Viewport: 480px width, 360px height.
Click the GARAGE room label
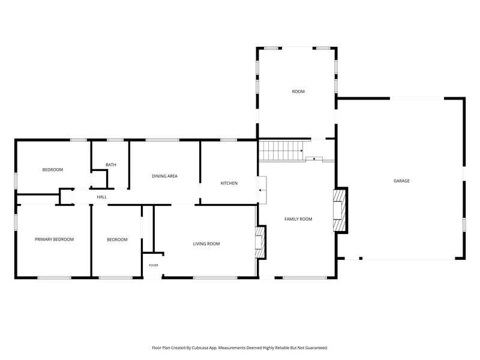(401, 181)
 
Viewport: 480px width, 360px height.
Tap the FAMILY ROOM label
(298, 219)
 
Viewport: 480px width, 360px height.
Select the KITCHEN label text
(229, 184)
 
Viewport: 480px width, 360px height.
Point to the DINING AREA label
(164, 176)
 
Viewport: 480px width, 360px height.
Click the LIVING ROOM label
(206, 244)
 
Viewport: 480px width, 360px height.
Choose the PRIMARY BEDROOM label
(54, 239)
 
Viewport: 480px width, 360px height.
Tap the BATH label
(111, 164)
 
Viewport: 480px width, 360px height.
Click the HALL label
(101, 197)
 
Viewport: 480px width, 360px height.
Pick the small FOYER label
(154, 265)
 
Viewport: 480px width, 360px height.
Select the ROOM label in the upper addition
(298, 92)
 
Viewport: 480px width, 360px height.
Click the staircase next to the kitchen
(281, 151)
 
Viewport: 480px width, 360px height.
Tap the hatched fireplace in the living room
(260, 242)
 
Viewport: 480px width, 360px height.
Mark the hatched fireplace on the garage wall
(339, 211)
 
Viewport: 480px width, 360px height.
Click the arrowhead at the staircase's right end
(302, 151)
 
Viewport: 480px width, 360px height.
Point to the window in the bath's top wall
(115, 140)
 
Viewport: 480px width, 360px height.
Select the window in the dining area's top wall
(162, 140)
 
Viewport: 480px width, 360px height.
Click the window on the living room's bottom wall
(215, 278)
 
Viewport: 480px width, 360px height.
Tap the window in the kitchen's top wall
(229, 140)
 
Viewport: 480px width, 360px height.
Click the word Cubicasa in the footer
(200, 348)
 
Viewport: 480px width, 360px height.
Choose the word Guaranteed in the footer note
(317, 348)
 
